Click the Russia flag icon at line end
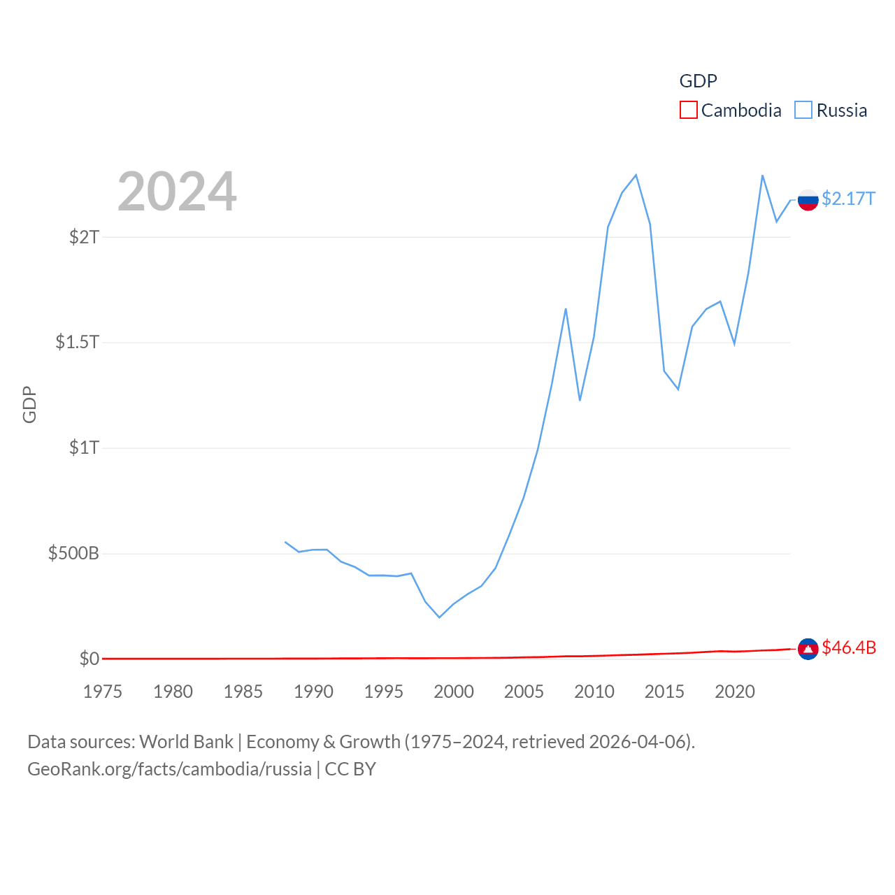point(808,200)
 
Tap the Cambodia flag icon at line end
point(808,649)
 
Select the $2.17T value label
point(848,199)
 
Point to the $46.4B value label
point(849,647)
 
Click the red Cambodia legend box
point(688,110)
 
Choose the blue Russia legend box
point(803,110)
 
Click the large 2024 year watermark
point(177,192)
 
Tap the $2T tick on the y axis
point(84,237)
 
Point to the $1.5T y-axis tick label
point(77,342)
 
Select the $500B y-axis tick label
point(73,554)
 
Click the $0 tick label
point(89,659)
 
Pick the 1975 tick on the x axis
point(103,692)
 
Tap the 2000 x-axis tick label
point(454,692)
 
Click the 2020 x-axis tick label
point(735,692)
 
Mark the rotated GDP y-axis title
point(29,404)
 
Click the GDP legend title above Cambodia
point(698,81)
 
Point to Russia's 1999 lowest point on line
point(439,617)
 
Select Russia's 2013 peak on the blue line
point(636,175)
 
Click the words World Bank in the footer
point(186,741)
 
